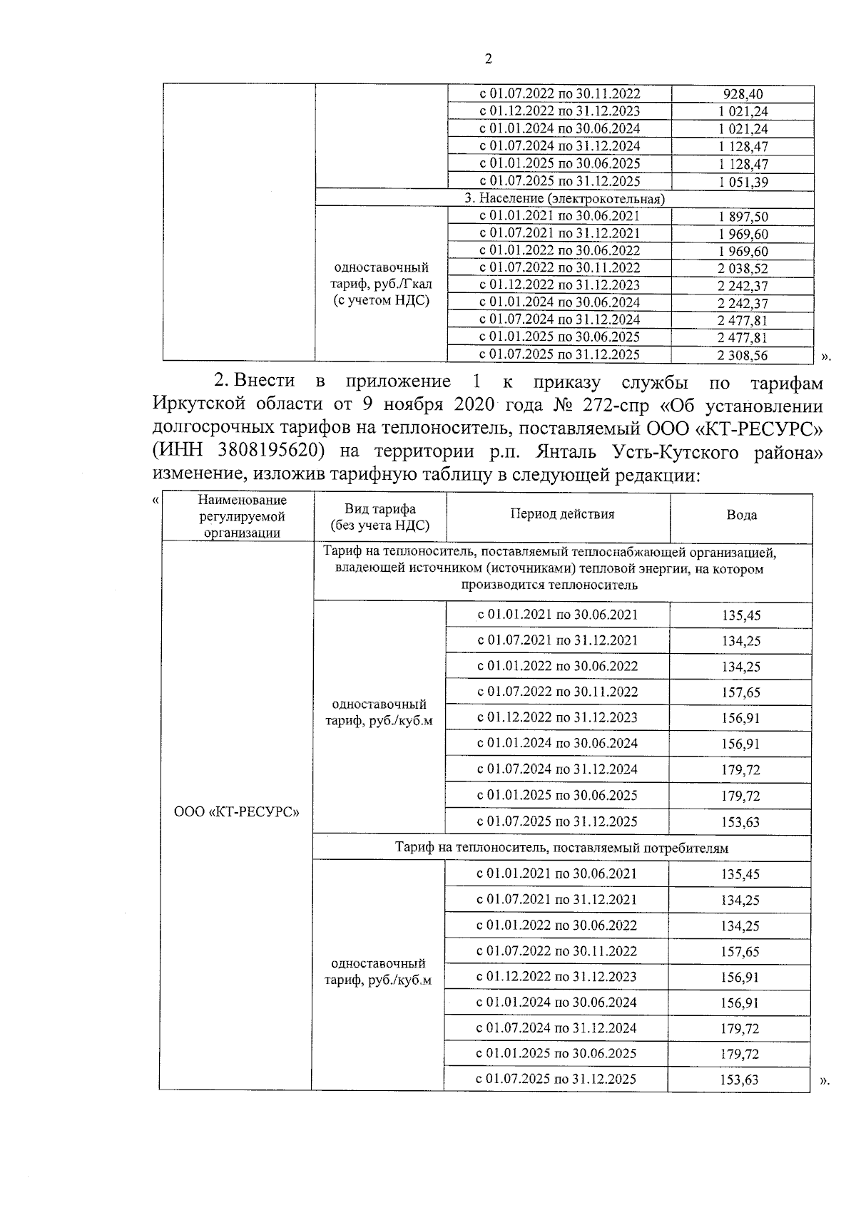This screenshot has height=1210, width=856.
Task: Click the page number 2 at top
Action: (x=488, y=60)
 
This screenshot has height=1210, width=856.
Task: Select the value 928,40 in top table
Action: (x=743, y=94)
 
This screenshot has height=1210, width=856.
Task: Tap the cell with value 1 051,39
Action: (x=743, y=183)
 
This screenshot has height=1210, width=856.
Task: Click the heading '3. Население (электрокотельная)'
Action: (x=564, y=199)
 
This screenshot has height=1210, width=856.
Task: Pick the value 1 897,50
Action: (x=743, y=217)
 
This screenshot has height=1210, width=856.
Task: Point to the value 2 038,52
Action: (x=743, y=269)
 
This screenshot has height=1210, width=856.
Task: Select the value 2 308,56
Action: (x=743, y=355)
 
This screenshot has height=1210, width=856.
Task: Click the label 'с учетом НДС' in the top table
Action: (x=382, y=300)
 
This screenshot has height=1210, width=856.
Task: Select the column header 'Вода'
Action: (x=741, y=516)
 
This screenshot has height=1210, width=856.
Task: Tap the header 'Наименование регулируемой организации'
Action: (x=242, y=516)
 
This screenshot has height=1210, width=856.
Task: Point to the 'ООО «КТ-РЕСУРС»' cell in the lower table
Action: (x=236, y=812)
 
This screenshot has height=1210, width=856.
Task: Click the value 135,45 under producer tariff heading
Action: (x=740, y=615)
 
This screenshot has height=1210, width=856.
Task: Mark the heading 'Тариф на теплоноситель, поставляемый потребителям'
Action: (x=562, y=848)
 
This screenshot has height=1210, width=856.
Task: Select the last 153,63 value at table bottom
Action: (x=740, y=1080)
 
